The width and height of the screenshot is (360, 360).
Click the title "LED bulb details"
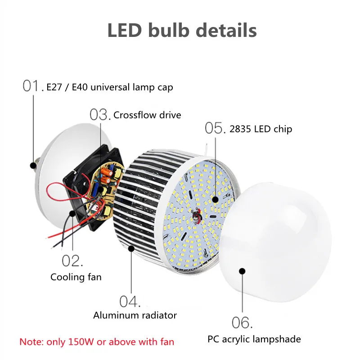click(x=182, y=30)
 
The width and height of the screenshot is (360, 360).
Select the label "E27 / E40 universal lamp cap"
click(x=110, y=87)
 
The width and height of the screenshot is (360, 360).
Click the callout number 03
click(x=100, y=114)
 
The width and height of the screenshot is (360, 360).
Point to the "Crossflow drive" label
click(x=147, y=115)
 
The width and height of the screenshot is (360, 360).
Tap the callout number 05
click(x=215, y=128)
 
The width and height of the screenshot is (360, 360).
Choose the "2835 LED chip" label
click(x=261, y=129)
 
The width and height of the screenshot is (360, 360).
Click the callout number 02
click(x=72, y=261)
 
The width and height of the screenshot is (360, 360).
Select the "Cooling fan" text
click(x=76, y=277)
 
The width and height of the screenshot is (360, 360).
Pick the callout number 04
click(x=130, y=301)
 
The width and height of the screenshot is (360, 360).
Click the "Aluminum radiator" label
click(x=135, y=315)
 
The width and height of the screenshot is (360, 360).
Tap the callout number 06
click(x=242, y=322)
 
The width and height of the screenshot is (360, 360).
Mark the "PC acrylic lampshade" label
click(x=254, y=339)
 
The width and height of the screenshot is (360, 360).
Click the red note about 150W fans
click(x=97, y=342)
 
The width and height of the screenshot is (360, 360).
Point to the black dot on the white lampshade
click(x=242, y=271)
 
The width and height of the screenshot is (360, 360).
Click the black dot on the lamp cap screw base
click(x=33, y=165)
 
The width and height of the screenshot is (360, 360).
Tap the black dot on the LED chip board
click(x=215, y=199)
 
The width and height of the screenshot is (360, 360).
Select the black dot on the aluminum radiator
click(x=131, y=248)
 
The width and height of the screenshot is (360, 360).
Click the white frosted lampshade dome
click(x=275, y=241)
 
